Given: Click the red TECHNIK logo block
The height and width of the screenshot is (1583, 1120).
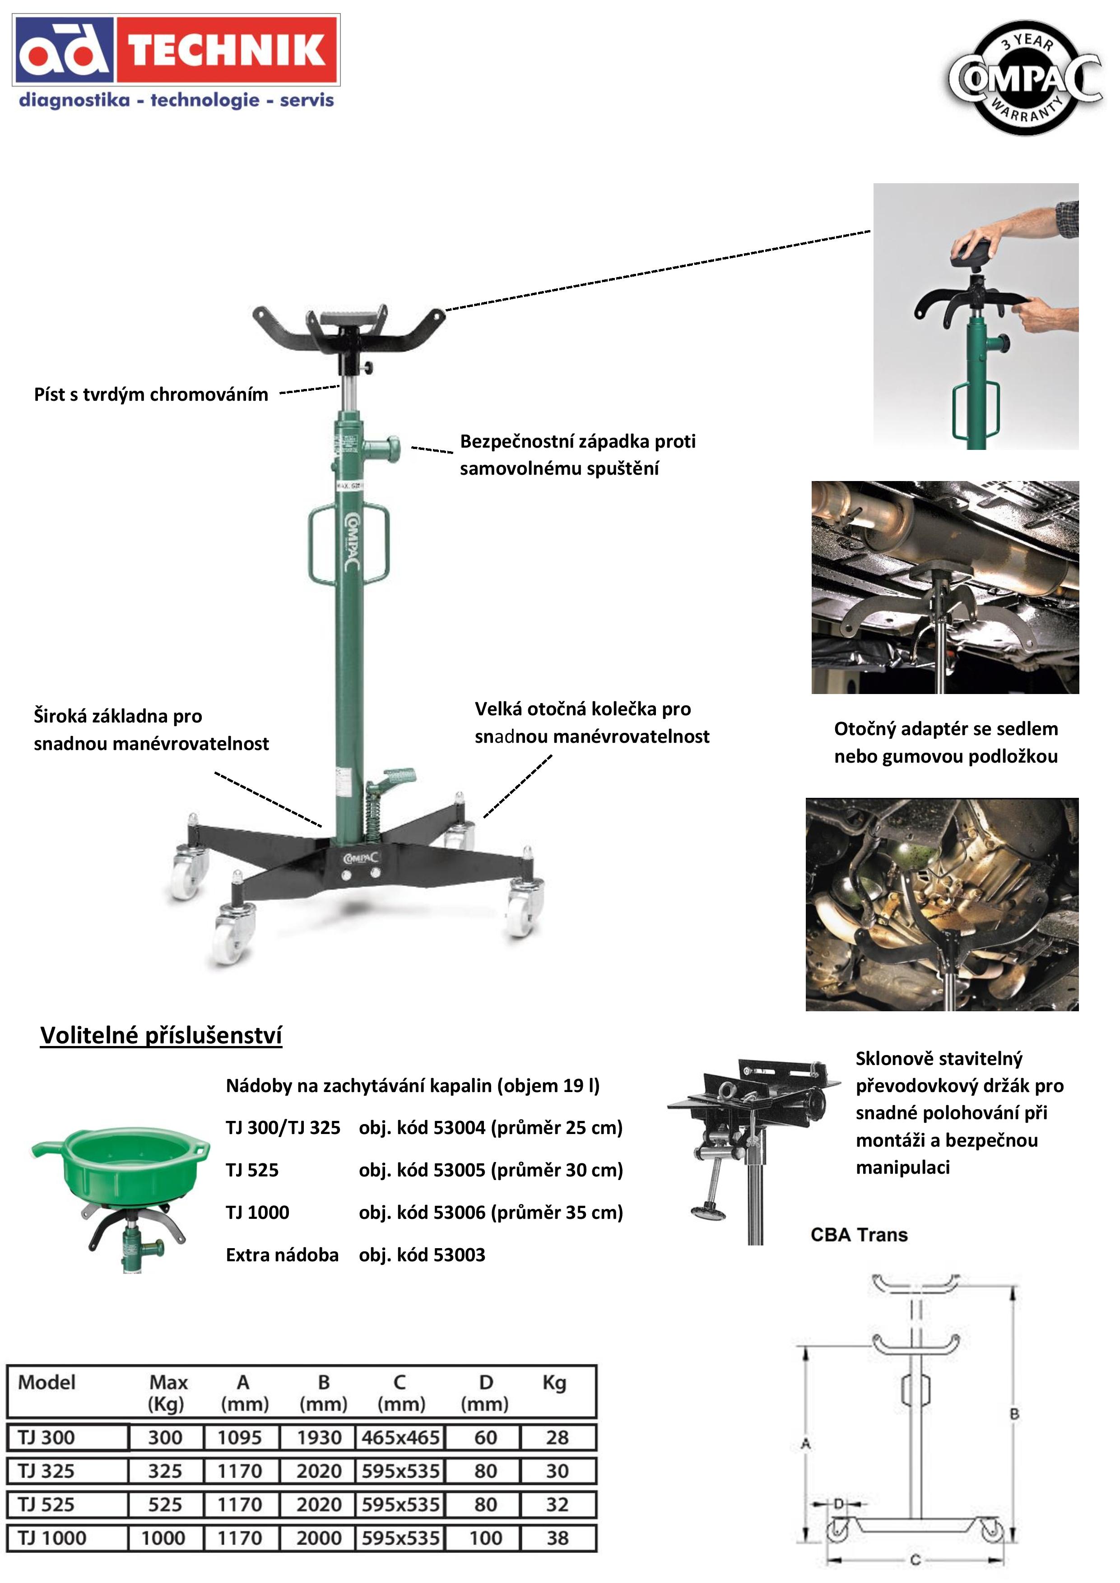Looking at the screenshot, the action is click(x=228, y=51).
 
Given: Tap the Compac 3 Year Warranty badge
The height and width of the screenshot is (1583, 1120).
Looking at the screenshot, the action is click(x=1025, y=77).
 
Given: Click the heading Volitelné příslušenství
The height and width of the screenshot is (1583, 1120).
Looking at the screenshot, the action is click(x=161, y=1036).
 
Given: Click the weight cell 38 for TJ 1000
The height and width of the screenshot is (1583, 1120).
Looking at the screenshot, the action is click(x=557, y=1538).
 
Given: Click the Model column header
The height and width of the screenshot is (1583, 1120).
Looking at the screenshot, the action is click(x=47, y=1382).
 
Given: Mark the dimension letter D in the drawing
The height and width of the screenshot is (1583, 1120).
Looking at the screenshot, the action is click(x=839, y=1504).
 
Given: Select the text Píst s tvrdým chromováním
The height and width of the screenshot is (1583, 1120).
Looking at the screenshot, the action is click(x=151, y=394).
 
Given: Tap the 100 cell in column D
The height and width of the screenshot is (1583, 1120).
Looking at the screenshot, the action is click(x=486, y=1538).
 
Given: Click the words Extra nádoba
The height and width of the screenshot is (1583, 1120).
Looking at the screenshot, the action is click(x=282, y=1255).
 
